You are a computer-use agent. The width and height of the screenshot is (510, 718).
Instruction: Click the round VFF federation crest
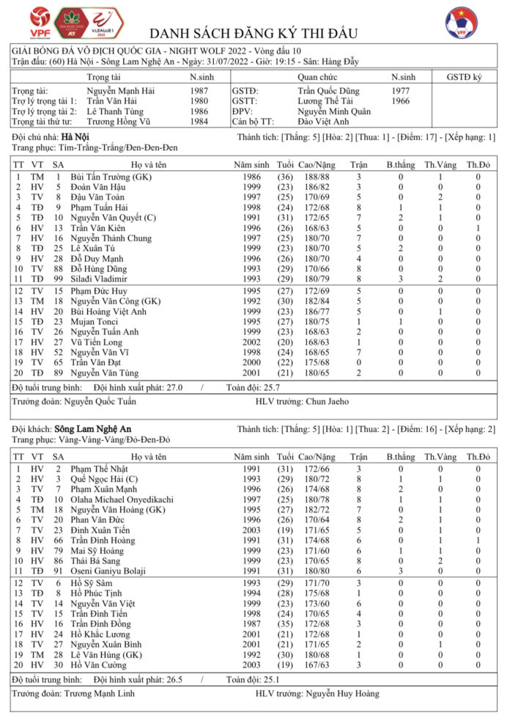(x=462, y=23)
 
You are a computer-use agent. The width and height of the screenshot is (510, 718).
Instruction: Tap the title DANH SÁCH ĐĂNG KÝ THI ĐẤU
(x=253, y=34)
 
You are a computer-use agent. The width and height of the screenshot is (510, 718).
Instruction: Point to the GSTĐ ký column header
(x=464, y=77)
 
